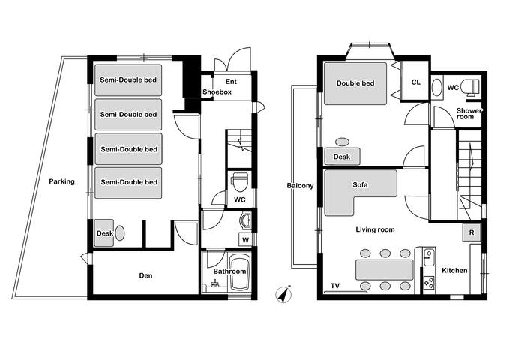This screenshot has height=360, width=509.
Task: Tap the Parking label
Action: tap(62, 181)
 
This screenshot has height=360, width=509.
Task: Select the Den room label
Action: tap(146, 276)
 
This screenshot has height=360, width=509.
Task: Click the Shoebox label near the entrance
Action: tap(217, 91)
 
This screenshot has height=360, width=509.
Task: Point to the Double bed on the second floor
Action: tap(355, 84)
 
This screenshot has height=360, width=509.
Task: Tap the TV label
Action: tap(334, 286)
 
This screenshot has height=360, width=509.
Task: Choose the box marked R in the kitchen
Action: tap(471, 231)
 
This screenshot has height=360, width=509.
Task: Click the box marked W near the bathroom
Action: tap(244, 239)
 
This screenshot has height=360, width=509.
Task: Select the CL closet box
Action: tap(415, 82)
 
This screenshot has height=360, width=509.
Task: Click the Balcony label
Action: tap(299, 185)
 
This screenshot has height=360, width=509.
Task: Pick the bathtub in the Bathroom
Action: tap(238, 279)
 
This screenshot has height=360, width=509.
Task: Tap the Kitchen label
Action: tap(454, 270)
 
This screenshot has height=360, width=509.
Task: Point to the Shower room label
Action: tap(470, 114)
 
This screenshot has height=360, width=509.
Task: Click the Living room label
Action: tap(375, 229)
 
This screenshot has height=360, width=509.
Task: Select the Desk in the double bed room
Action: tap(342, 157)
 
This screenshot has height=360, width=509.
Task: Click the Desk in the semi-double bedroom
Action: tap(104, 233)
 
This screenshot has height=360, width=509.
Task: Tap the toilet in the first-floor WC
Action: tap(239, 182)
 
